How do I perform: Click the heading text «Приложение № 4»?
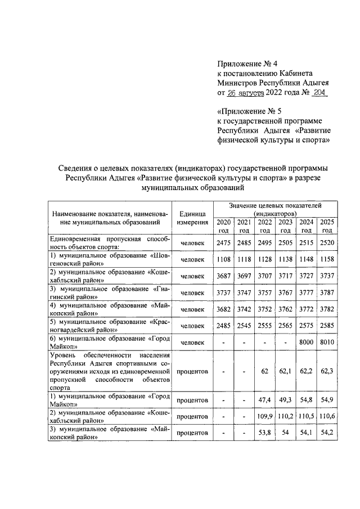(x=247, y=64)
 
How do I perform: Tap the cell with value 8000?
(x=306, y=342)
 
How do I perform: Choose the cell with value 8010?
(x=326, y=342)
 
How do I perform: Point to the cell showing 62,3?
(x=326, y=371)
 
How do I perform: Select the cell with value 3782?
(x=326, y=309)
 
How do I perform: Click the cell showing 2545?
(x=244, y=326)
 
